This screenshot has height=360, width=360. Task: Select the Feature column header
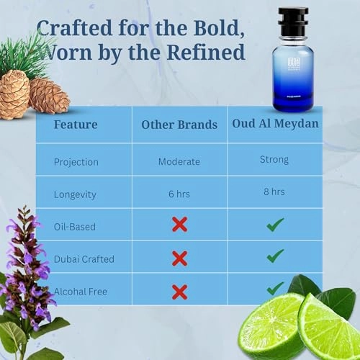click(x=76, y=124)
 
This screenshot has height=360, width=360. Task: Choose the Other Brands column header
click(x=179, y=125)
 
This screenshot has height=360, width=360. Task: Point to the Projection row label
click(x=77, y=161)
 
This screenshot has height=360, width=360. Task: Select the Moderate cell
click(x=179, y=161)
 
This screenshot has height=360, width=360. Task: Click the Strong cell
click(x=274, y=159)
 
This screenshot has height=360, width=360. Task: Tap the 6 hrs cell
click(x=179, y=194)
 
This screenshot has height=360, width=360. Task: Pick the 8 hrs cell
click(x=274, y=192)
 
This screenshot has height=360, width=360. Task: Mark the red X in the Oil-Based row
click(x=179, y=225)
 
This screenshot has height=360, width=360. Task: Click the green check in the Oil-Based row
click(x=274, y=225)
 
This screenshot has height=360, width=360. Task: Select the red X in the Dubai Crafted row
click(x=179, y=258)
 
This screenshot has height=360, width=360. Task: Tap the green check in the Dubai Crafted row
click(x=274, y=256)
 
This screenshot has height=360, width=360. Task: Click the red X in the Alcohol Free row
click(x=179, y=292)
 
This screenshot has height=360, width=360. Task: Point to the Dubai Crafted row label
click(x=84, y=258)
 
